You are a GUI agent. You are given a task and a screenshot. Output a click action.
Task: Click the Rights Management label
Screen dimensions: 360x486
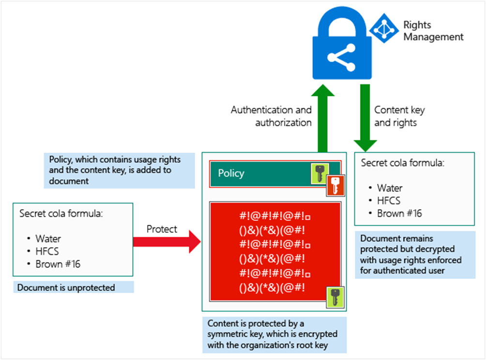pyautogui.click(x=433, y=31)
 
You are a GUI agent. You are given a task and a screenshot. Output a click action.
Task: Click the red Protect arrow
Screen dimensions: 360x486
pyautogui.click(x=167, y=240)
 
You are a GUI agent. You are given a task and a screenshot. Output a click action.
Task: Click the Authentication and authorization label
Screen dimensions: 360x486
pyautogui.click(x=271, y=116)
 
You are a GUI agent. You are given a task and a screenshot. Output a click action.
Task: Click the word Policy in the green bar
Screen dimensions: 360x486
pyautogui.click(x=231, y=173)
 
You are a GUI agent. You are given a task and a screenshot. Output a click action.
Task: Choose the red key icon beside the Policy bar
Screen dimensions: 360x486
pyautogui.click(x=334, y=185)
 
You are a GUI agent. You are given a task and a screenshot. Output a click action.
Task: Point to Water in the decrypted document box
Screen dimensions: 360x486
pyautogui.click(x=390, y=188)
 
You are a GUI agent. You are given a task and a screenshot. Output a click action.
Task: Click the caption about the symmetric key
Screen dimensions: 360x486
pyautogui.click(x=273, y=334)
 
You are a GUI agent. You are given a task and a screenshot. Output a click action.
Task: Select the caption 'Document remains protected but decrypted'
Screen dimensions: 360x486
pyautogui.click(x=410, y=255)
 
